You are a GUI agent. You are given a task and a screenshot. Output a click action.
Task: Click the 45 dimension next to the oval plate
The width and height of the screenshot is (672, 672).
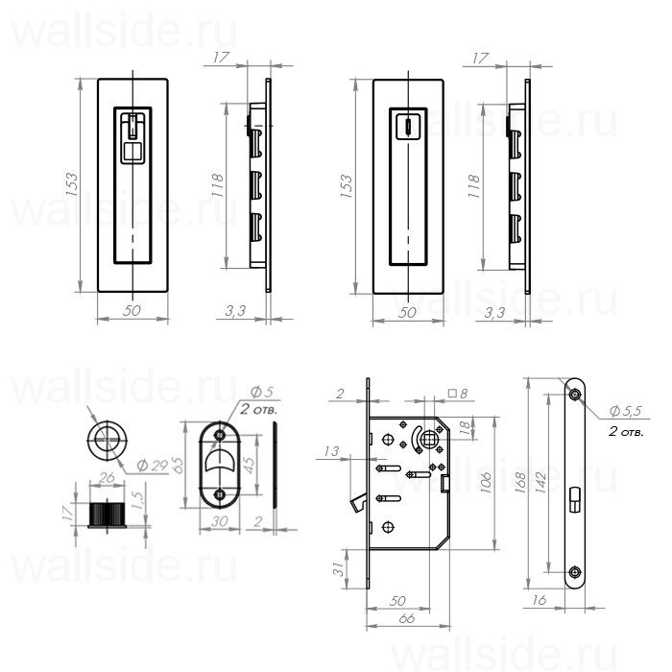pos(250,465)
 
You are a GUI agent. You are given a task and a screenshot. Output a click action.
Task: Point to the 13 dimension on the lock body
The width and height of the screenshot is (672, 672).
pos(333,450)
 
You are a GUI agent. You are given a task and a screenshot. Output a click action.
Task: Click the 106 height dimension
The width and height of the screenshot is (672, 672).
pos(486,479)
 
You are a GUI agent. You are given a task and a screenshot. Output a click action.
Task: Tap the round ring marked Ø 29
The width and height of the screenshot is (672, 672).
pos(104,441)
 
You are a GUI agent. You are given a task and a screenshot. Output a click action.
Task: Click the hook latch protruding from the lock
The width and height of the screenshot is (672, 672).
pos(357,502)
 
